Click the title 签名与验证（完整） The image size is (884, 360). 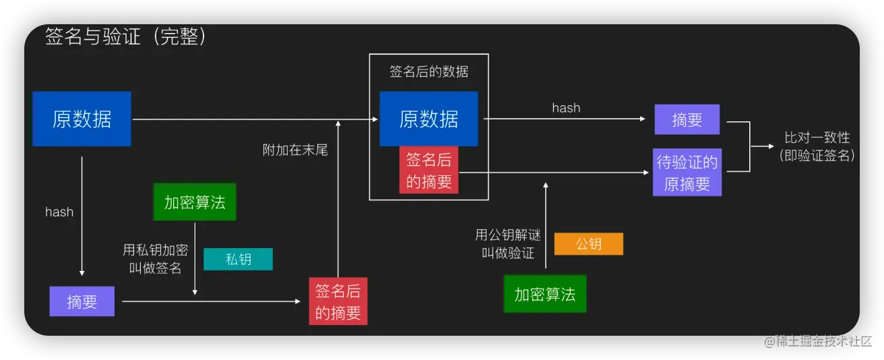(125, 37)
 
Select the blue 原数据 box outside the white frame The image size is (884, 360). (82, 119)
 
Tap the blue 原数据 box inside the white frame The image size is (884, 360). (429, 119)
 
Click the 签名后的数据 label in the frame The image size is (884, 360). (429, 71)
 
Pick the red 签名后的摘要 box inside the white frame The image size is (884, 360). (429, 170)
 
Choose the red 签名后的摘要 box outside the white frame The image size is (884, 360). (338, 301)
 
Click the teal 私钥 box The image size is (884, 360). (238, 259)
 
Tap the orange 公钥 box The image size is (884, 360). (588, 243)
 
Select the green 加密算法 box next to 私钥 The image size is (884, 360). (195, 202)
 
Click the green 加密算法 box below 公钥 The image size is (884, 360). (544, 294)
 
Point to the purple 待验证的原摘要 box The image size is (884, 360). (687, 173)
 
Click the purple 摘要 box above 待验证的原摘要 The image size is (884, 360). (687, 119)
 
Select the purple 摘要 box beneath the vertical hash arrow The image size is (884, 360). (82, 301)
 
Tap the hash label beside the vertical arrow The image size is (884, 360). (59, 212)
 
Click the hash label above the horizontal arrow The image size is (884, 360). (566, 108)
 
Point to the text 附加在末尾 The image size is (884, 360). (295, 150)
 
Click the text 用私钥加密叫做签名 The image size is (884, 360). (155, 259)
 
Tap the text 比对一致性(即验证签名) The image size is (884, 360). (817, 146)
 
